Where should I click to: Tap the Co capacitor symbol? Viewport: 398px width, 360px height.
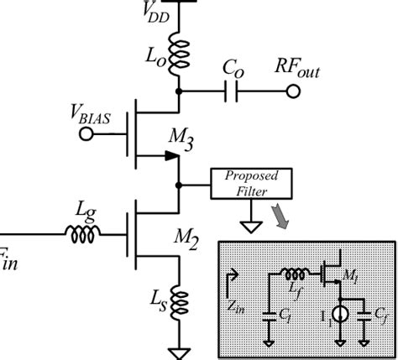click(x=232, y=91)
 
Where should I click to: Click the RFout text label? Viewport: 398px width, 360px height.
click(x=300, y=70)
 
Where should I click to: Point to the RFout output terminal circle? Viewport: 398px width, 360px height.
click(x=292, y=91)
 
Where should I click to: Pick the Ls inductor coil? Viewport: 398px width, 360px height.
click(x=178, y=305)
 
